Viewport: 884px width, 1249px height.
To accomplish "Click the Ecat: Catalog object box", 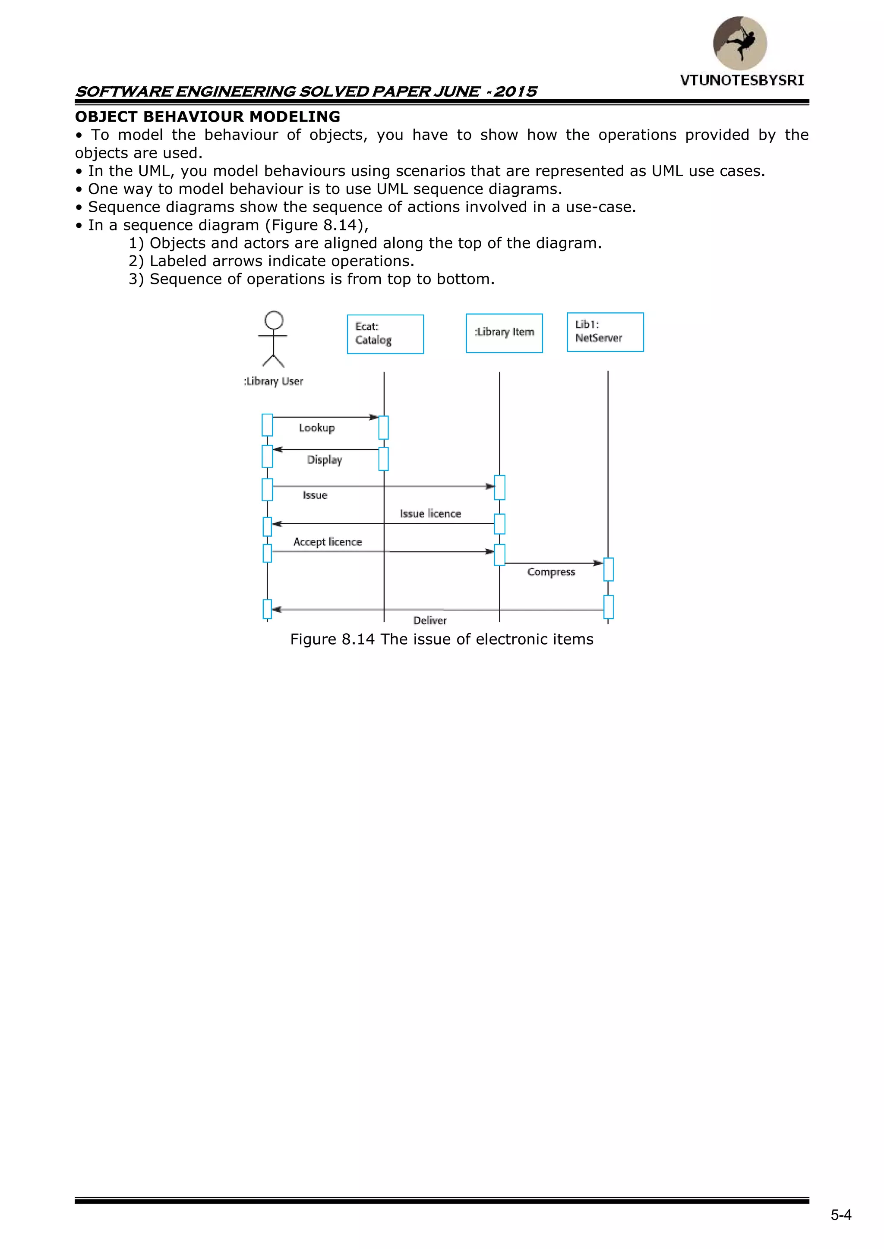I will tap(385, 334).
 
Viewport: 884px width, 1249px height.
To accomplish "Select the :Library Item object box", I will tap(504, 333).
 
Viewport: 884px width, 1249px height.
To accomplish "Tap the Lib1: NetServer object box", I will tap(605, 332).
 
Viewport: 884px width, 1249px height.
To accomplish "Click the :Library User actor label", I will tap(273, 381).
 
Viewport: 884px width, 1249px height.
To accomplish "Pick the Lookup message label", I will tap(317, 428).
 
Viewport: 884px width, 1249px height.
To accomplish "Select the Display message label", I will tap(325, 460).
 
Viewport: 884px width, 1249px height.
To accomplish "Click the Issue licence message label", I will tap(430, 513).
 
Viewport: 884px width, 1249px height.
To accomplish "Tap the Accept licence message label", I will tap(327, 542).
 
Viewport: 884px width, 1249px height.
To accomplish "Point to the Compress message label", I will tap(551, 572).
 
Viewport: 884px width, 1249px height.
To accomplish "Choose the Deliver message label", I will tap(429, 621).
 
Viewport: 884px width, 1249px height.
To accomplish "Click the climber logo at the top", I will tap(740, 44).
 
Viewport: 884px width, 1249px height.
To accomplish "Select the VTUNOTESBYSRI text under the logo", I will tap(742, 81).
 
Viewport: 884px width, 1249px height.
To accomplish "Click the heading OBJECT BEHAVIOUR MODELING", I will tap(207, 116).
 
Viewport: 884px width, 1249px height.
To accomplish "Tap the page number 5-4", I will tap(840, 1215).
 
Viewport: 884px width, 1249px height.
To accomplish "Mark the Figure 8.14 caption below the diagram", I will tap(442, 639).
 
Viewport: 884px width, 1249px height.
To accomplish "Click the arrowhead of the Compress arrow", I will tap(598, 563).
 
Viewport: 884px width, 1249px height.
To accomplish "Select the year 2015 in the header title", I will tap(515, 91).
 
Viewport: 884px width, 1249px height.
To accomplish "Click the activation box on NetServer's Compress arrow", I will tap(609, 569).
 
